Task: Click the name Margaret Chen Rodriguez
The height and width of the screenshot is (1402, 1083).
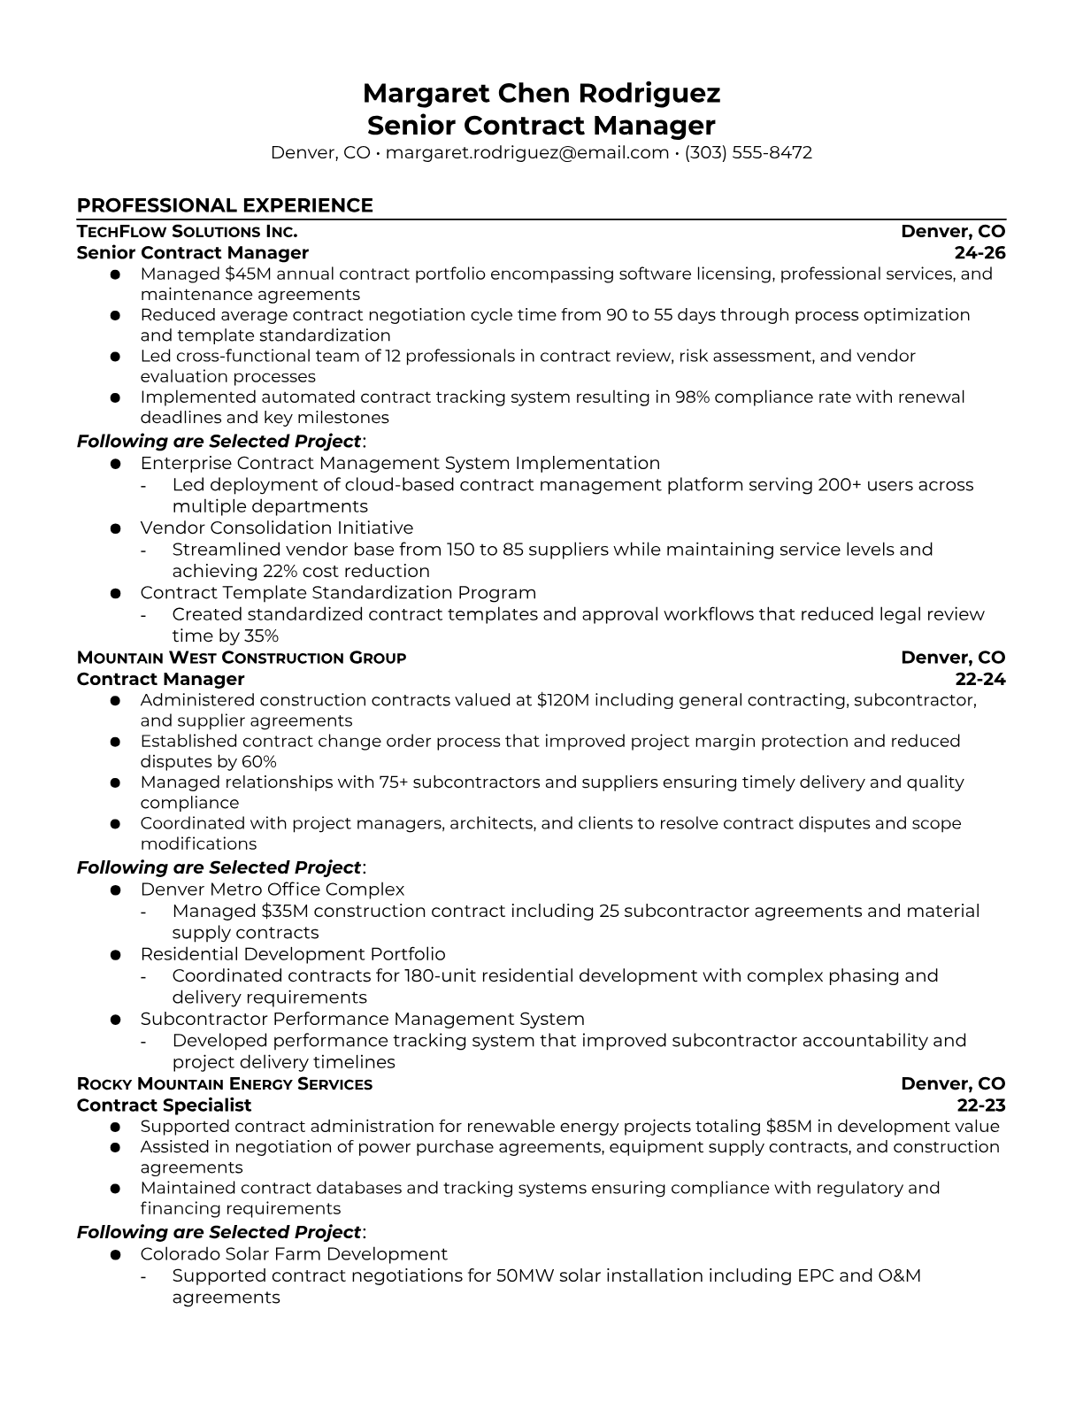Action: tap(541, 93)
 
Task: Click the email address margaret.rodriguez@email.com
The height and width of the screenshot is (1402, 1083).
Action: tap(526, 152)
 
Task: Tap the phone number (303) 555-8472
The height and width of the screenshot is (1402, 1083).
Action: tap(748, 152)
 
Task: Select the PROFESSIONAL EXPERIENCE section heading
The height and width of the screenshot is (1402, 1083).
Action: tap(225, 205)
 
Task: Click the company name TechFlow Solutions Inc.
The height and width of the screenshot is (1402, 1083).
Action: tap(187, 232)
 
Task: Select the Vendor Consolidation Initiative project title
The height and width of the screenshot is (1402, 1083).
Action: tap(276, 528)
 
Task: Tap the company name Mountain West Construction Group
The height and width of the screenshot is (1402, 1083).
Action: tap(242, 658)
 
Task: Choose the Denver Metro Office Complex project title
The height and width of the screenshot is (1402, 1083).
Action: tap(272, 890)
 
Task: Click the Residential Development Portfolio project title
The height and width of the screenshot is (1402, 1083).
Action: tap(292, 954)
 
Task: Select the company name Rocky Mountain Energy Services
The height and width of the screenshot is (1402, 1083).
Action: tap(225, 1084)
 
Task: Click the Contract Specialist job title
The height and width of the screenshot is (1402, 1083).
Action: tap(164, 1105)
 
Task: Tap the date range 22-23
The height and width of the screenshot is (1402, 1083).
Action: tap(981, 1105)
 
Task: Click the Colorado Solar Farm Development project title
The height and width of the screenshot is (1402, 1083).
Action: tap(293, 1254)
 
